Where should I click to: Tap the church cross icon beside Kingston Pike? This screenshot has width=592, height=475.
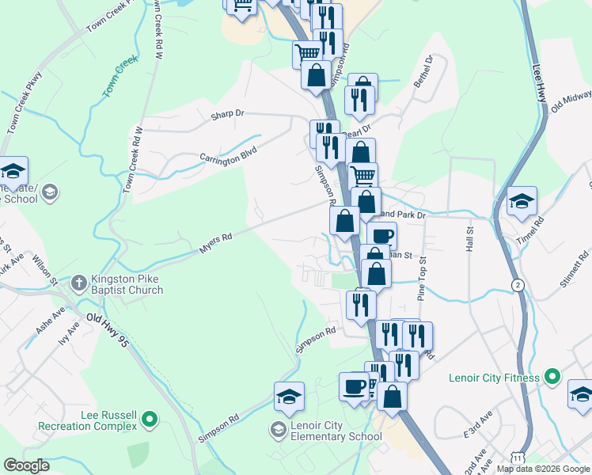(x=78, y=282)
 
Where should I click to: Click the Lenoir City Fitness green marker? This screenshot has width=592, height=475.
(x=552, y=376)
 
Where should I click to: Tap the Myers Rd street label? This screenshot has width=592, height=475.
(x=215, y=242)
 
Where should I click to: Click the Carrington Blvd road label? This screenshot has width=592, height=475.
(x=229, y=152)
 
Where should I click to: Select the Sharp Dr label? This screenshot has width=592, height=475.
(x=228, y=114)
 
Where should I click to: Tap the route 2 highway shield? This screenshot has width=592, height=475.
(x=517, y=285)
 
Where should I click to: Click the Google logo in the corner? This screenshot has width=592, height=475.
(x=26, y=465)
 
